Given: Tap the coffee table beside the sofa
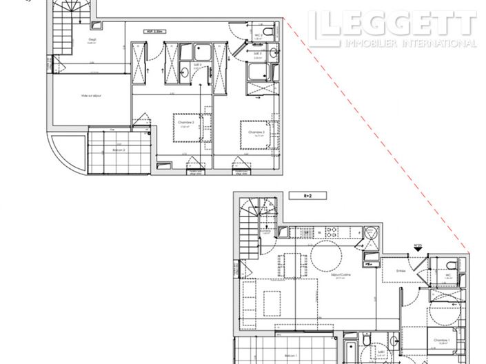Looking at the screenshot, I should pos(271,301).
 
